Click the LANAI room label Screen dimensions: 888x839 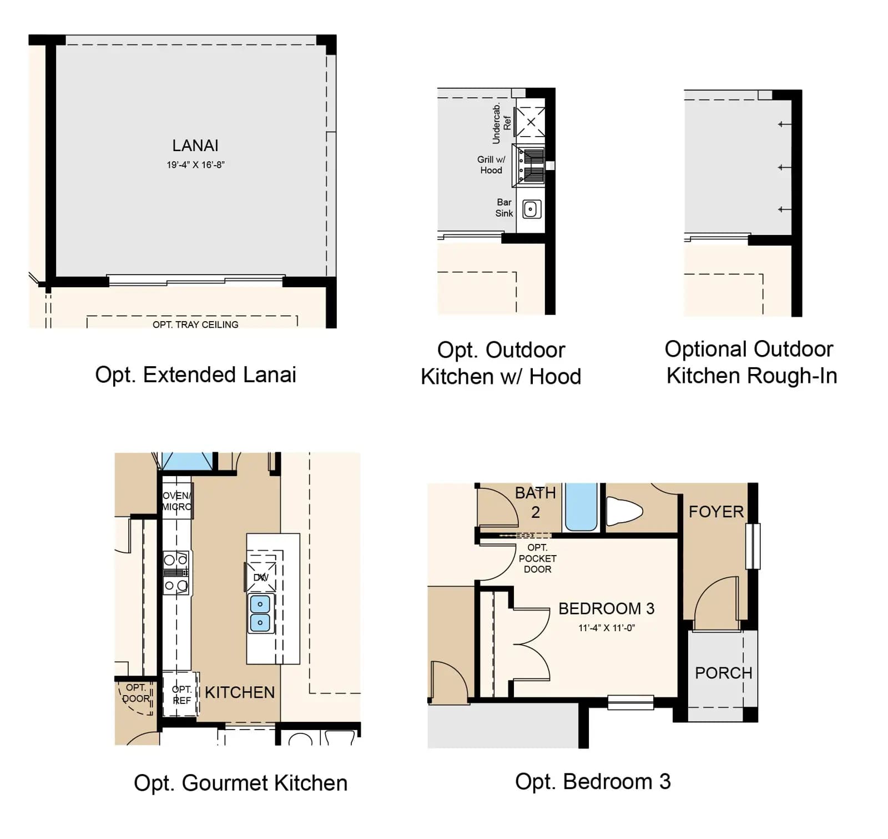[195, 146]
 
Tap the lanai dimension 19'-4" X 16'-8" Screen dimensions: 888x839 [195, 165]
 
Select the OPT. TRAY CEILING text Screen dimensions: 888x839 [195, 324]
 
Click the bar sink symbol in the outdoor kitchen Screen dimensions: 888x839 [532, 209]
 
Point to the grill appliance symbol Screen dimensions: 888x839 [529, 165]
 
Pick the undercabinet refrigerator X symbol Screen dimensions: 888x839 [531, 122]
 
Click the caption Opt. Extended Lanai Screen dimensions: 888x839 [195, 375]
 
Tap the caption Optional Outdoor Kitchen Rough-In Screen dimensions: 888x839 [751, 362]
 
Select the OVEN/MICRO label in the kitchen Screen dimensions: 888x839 [177, 501]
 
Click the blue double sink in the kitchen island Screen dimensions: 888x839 [260, 613]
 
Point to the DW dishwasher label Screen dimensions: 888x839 [261, 577]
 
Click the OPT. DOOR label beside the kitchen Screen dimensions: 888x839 [136, 693]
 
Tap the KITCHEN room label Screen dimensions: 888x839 [240, 692]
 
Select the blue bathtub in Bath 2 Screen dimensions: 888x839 [581, 507]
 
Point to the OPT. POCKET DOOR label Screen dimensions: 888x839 [537, 558]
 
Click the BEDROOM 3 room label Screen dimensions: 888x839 [607, 609]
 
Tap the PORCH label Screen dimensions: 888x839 [724, 673]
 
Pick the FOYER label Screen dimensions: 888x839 [716, 512]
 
